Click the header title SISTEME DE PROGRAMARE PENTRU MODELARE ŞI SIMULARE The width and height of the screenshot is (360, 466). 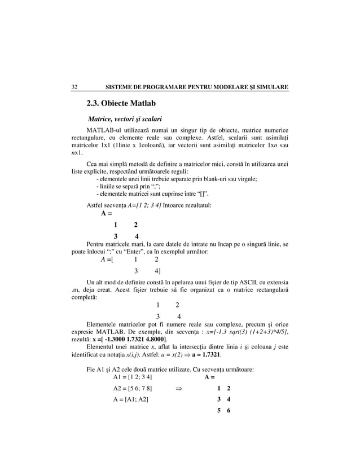coord(193,87)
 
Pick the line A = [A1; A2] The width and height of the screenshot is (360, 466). coord(131,400)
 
